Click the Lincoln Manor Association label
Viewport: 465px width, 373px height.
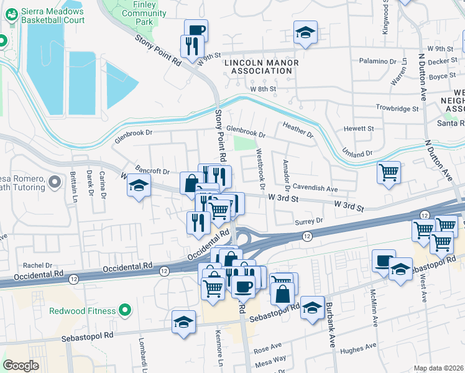pyautogui.click(x=261, y=67)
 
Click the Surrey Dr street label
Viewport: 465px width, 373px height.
pyautogui.click(x=311, y=221)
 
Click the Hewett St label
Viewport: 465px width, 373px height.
pyautogui.click(x=361, y=129)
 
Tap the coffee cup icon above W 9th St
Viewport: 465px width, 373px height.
pyautogui.click(x=196, y=29)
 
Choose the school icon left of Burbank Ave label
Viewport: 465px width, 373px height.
pyautogui.click(x=311, y=306)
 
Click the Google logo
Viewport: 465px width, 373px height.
pyautogui.click(x=21, y=366)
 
